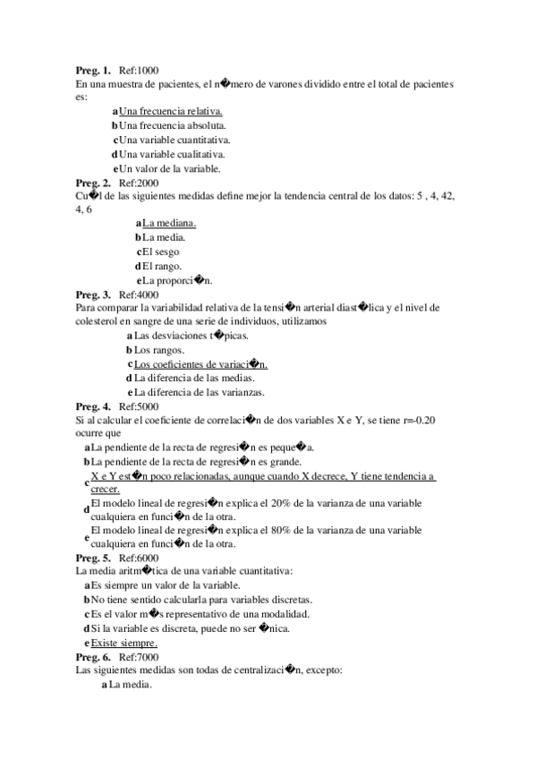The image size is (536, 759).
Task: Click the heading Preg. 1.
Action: pos(93,70)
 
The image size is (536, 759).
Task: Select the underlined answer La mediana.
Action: pos(169,223)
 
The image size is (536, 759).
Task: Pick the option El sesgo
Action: pos(160,252)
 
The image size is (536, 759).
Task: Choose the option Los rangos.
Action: pos(159,350)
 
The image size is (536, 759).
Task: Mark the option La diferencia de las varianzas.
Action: pos(200,392)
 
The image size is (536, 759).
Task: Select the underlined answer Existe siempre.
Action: pos(124,643)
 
